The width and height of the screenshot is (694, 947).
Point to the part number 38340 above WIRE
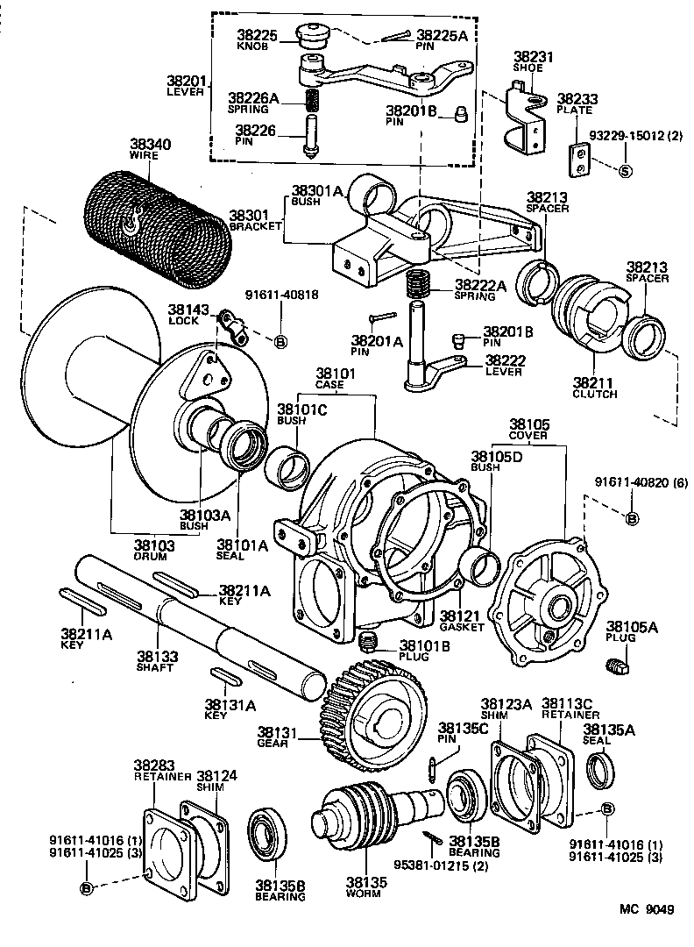tap(151, 144)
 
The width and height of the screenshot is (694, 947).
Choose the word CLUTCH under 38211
tap(594, 395)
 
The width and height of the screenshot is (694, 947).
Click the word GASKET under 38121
tap(462, 628)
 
